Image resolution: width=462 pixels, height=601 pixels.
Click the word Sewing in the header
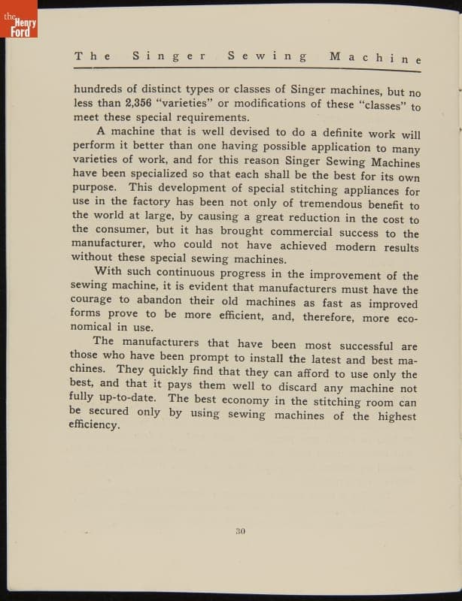click(267, 56)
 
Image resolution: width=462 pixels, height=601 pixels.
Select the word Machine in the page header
click(375, 57)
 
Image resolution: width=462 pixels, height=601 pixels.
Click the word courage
click(96, 303)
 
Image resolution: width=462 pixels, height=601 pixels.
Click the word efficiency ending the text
click(94, 425)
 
